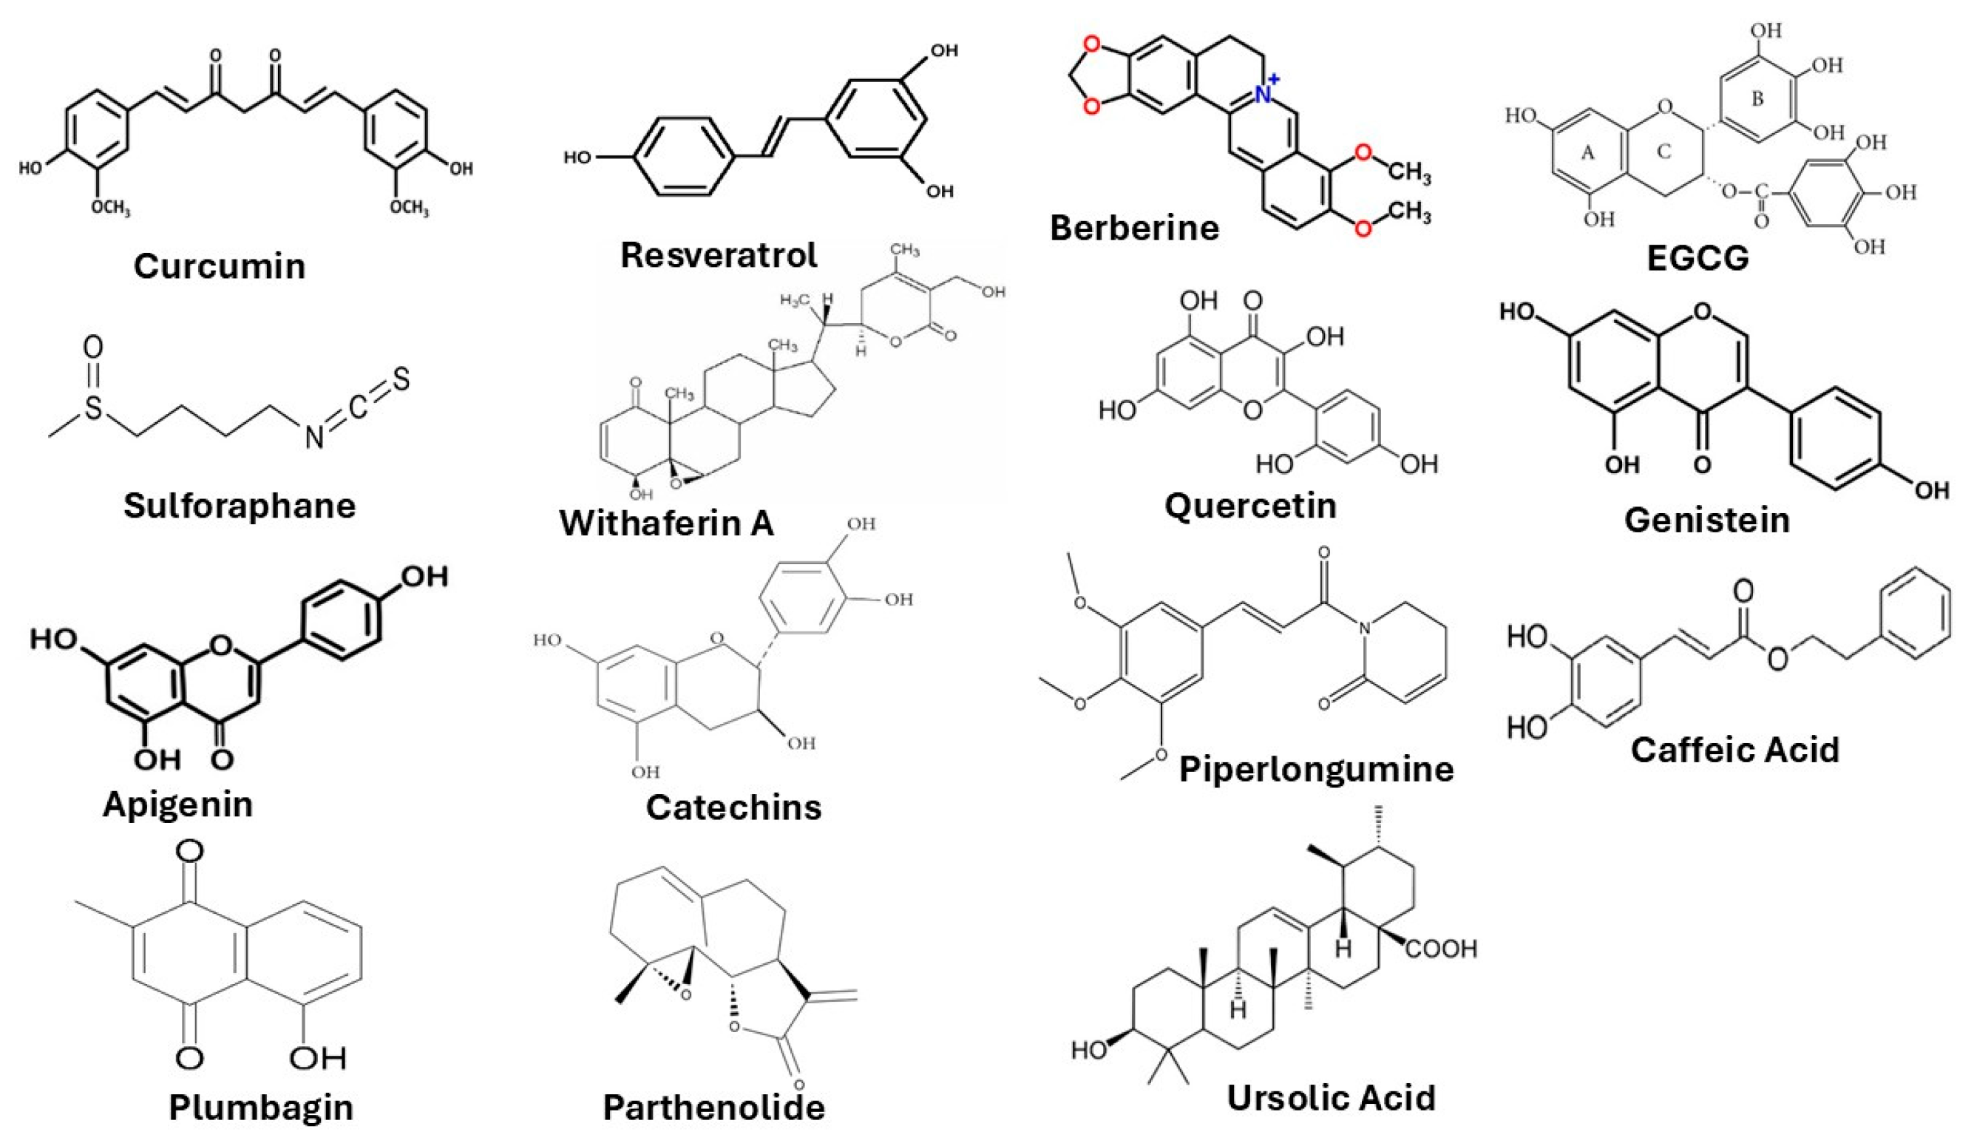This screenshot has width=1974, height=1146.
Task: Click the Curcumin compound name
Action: coord(220,266)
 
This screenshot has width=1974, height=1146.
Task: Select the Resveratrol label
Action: coord(719,255)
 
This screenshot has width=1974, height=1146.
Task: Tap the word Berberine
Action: coord(1134,228)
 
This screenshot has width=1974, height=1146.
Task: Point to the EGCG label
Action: coord(1697,258)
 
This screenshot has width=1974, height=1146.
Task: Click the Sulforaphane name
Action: coord(240,506)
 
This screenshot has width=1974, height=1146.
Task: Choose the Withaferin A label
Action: coord(667,523)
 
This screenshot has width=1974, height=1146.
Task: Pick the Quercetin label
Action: coord(1250,506)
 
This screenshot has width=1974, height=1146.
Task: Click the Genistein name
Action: coord(1707,520)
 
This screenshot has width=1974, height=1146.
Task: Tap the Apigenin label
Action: coord(178,804)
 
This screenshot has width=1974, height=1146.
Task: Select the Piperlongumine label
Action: coord(1316,769)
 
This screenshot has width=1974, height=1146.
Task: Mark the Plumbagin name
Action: coord(261,1108)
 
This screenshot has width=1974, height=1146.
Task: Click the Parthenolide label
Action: coord(713,1108)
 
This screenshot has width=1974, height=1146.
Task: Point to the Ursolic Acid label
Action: coord(1331,1098)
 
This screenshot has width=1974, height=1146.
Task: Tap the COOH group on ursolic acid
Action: coord(1442,949)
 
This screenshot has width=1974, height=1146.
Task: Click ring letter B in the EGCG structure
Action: coord(1758,100)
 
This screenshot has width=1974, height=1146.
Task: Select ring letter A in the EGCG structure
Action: coord(1588,154)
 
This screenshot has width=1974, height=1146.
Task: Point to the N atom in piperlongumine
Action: coord(1366,628)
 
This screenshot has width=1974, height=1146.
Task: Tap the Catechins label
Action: coord(733,807)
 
